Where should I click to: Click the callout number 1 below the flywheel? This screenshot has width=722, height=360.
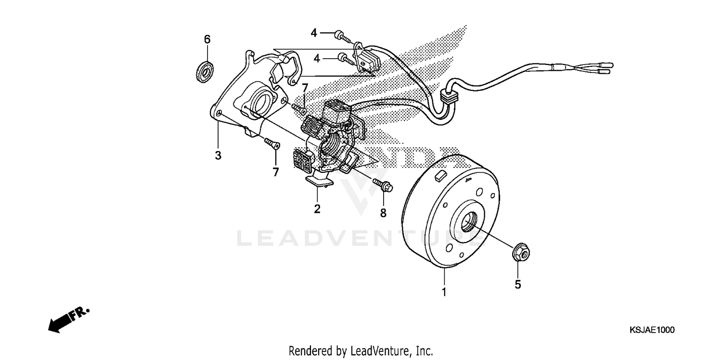[x=444, y=292]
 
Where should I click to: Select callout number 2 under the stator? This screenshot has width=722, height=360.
[x=317, y=209]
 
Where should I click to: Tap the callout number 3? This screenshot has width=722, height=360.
[x=218, y=155]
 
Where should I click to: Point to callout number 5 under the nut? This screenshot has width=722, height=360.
[x=518, y=284]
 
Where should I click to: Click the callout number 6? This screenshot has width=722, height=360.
[x=207, y=39]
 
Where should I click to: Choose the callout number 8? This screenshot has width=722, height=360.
[x=383, y=212]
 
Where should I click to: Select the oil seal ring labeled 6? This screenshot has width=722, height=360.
[x=206, y=71]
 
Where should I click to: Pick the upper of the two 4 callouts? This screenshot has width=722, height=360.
[x=314, y=33]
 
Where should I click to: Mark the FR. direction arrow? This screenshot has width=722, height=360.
[x=59, y=323]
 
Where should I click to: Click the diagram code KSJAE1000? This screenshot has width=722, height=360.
[x=652, y=330]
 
